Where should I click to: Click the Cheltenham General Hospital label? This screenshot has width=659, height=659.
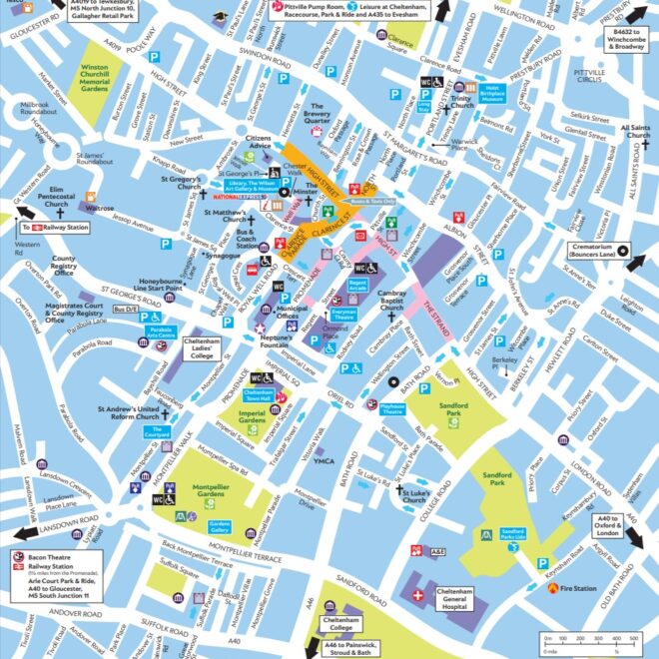tap(461, 598)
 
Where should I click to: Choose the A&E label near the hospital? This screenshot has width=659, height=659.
tap(438, 551)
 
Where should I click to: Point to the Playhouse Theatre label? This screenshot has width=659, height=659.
tap(390, 407)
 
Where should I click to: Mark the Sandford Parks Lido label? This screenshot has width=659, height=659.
tap(513, 533)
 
